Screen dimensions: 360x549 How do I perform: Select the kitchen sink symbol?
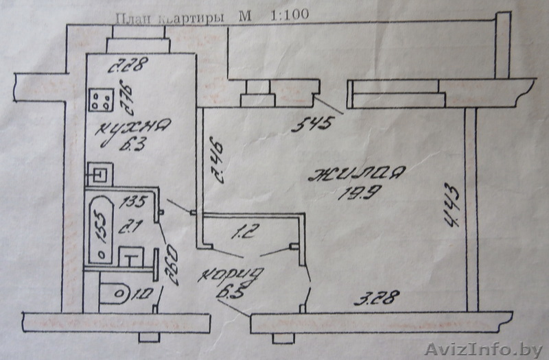(x=101, y=173)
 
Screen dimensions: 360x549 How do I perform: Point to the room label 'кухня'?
(x=124, y=128)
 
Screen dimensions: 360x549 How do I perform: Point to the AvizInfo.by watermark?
(x=484, y=350)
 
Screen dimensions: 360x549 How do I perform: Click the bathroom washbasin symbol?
(x=131, y=259)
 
